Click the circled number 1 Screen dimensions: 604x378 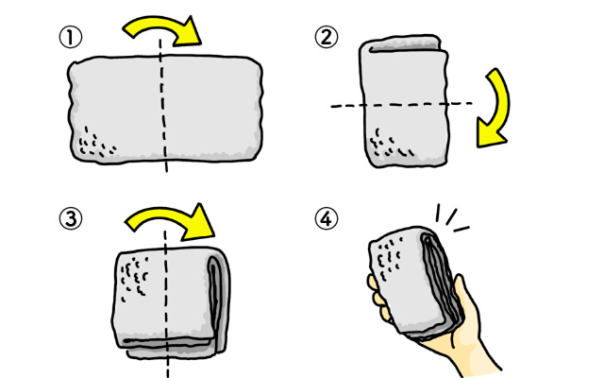pyautogui.click(x=71, y=38)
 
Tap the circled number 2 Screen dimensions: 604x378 pyautogui.click(x=327, y=38)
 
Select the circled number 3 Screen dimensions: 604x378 pyautogui.click(x=71, y=218)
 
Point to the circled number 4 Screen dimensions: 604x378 pyautogui.click(x=327, y=218)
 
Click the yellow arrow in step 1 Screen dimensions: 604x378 pyautogui.click(x=161, y=24)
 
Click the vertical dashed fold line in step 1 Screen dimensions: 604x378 pyautogui.click(x=163, y=105)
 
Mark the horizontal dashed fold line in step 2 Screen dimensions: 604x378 pyautogui.click(x=401, y=104)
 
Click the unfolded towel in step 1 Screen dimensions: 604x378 pyautogui.click(x=166, y=110)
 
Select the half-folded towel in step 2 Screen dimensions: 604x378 pyautogui.click(x=404, y=101)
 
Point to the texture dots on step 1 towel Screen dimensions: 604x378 pyautogui.click(x=96, y=143)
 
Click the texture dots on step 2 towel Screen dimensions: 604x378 pyautogui.click(x=390, y=144)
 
